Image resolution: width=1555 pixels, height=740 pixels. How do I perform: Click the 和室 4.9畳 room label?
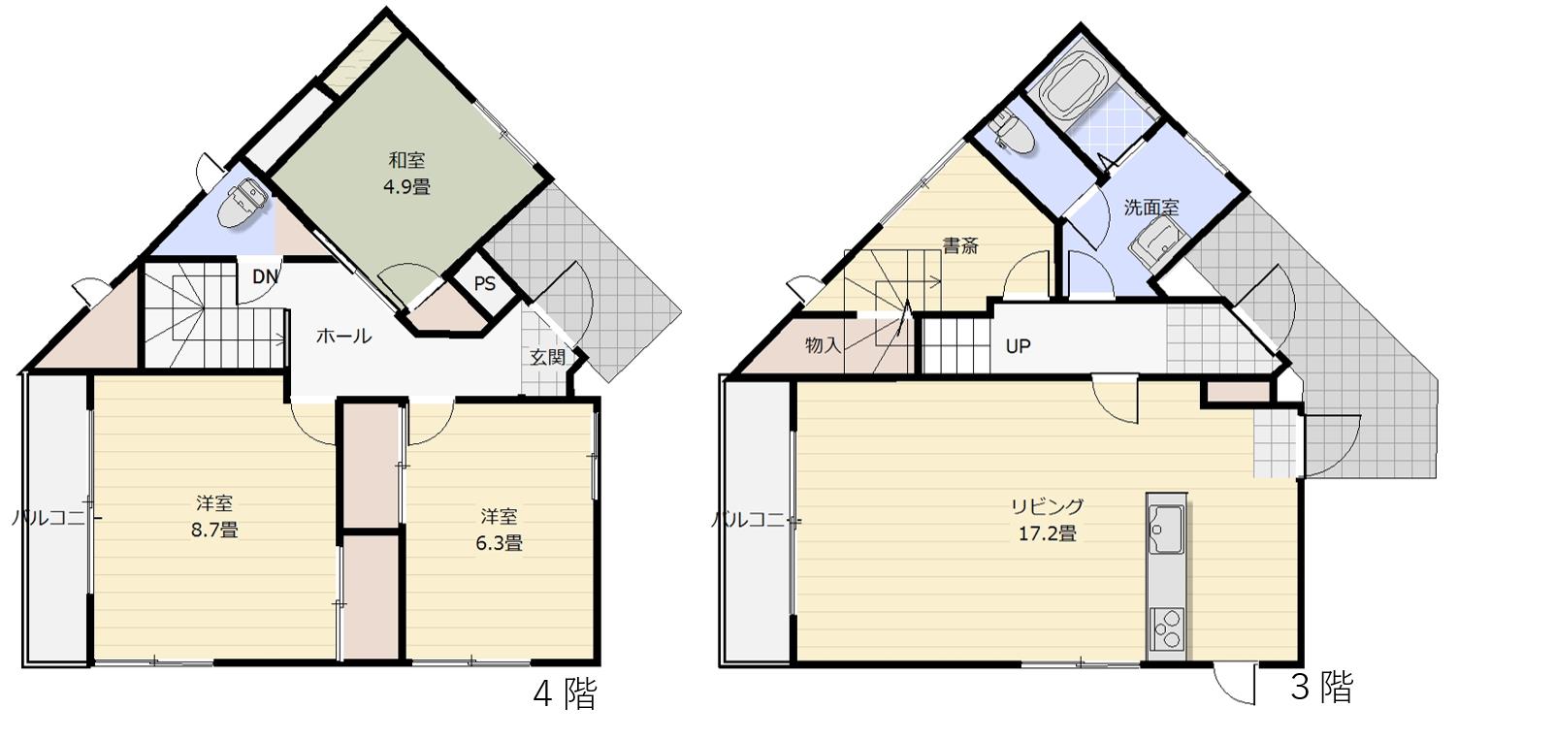[x=406, y=174]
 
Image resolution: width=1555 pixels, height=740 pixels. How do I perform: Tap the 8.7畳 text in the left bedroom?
[x=214, y=531]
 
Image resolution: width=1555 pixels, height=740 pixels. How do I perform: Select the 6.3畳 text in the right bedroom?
[x=500, y=543]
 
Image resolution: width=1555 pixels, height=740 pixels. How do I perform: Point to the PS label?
[x=485, y=283]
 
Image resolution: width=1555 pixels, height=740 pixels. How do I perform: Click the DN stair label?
[x=265, y=277]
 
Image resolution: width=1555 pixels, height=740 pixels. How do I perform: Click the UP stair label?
[x=1018, y=345]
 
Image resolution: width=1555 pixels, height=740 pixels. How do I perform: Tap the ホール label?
[x=343, y=337]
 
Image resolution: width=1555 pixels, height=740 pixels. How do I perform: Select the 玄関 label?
[x=548, y=358]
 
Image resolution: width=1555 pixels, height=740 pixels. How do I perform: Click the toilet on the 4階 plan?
[x=242, y=202]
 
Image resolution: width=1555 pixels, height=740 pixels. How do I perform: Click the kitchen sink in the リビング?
[x=1166, y=529]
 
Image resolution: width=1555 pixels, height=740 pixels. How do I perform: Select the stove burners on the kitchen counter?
[x=1166, y=629]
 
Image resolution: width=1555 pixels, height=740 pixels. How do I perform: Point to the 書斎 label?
[x=960, y=245]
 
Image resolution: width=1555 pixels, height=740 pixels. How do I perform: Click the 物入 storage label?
[x=824, y=345]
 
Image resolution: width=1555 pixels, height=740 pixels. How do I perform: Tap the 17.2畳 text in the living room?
[x=1047, y=533]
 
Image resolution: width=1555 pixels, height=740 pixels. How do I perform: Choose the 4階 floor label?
[x=565, y=693]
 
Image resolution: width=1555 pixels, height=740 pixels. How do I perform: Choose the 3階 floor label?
[x=1322, y=688]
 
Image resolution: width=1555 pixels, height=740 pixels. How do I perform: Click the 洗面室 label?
[x=1151, y=208]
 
